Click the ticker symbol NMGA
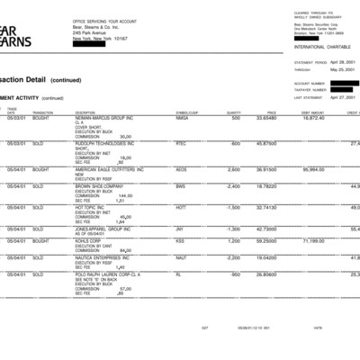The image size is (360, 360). coord(183,118)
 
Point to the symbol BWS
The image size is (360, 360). coord(181,186)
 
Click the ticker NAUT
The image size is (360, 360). coord(182,257)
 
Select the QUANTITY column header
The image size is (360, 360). coord(234,112)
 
